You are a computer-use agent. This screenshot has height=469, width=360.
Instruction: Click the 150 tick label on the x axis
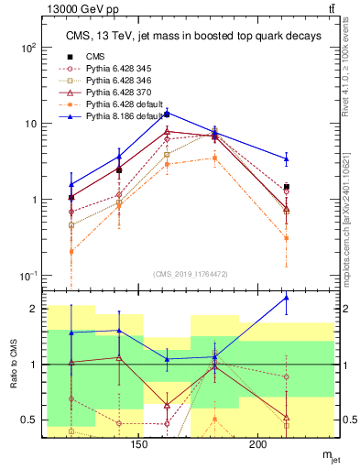pyautogui.click(x=139, y=444)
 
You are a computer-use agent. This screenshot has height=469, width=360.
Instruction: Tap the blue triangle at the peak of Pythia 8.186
pyautogui.click(x=166, y=113)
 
